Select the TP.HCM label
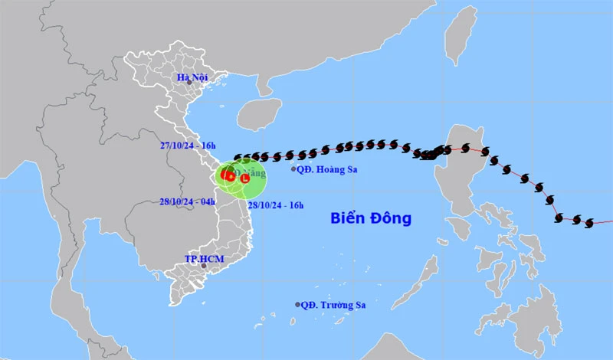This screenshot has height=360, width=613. coord(205,259)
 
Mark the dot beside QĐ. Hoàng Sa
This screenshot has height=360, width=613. coord(293,169)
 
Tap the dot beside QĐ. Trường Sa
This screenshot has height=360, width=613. coord(298,305)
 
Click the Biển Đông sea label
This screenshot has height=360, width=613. coord(371,218)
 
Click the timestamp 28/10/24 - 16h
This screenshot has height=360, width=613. coord(274,205)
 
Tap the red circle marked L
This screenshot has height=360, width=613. coord(244,178)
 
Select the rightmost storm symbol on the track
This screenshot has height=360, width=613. coord(589,223)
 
